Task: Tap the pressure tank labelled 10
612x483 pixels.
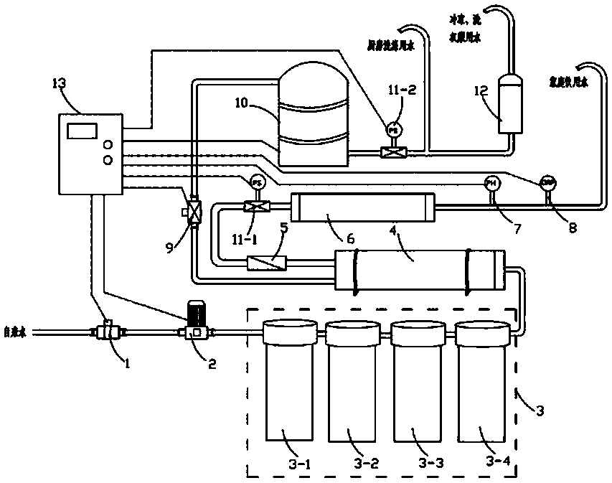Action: click(313, 115)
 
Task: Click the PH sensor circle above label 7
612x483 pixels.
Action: click(491, 182)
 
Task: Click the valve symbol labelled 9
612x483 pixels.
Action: click(192, 213)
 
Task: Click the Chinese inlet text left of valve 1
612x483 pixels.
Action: click(15, 332)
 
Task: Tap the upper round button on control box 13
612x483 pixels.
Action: click(109, 142)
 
